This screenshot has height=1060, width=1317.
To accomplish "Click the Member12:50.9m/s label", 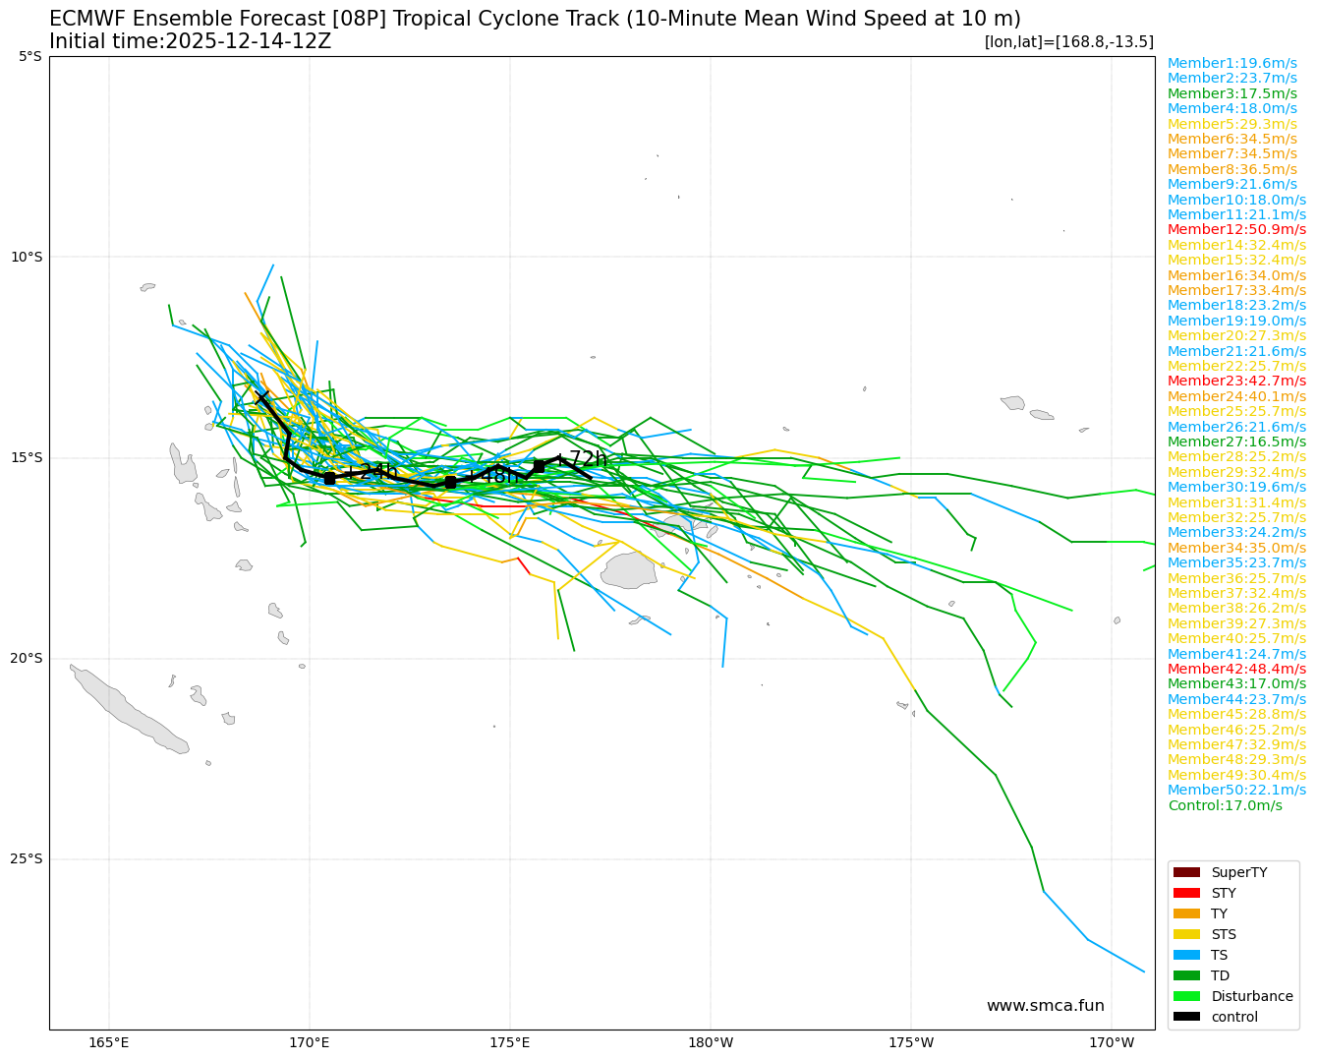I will pos(1236,229).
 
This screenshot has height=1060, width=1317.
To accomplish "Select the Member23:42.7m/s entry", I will pos(1236,381).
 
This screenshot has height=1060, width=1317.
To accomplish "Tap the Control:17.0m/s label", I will pos(1225,805).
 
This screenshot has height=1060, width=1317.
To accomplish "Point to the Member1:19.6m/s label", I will pos(1232,63).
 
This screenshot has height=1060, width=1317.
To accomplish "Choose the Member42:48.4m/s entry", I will pos(1236,669).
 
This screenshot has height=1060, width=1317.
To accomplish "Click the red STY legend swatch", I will pos(1187,893).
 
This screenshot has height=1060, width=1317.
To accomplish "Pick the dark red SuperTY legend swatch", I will pos(1187,872).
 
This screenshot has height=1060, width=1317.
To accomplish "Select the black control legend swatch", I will pos(1187,1017).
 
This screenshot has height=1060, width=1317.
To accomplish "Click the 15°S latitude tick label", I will pos(26,457).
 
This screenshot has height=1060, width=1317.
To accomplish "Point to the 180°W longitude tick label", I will pos(711,1042).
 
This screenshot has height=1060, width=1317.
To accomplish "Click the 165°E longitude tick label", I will pos(109,1042).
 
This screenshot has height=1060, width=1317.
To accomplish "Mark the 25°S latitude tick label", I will pos(26,858).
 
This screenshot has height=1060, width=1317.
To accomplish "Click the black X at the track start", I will pos(261,396).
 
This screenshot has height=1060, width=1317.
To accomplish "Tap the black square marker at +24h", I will pos(329,478).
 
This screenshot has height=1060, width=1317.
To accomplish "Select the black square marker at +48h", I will pos(450,482).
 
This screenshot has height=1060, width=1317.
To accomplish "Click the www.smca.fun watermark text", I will pos(1045,1005).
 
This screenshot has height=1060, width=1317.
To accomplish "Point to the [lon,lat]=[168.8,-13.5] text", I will pos(1068,41).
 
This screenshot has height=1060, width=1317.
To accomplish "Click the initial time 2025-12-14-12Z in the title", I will pos(248,41).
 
